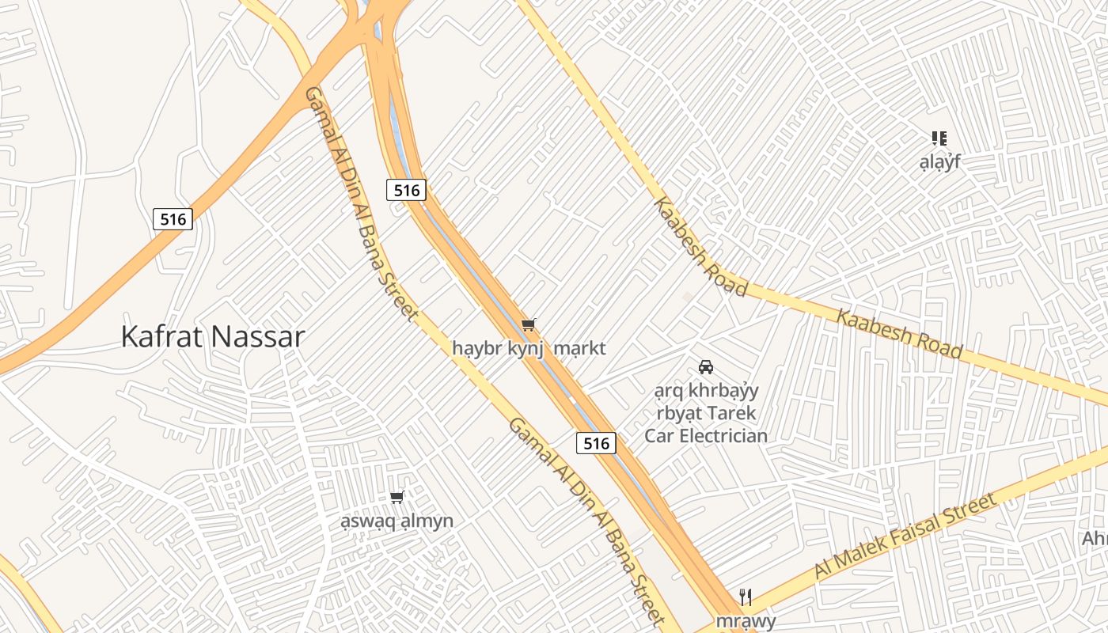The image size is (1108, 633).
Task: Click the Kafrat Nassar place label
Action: coord(212,337)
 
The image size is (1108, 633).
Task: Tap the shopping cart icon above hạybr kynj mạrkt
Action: coord(529,324)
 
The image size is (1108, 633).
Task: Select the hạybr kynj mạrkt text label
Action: coord(529,348)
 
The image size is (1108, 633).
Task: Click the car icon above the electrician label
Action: coord(706,367)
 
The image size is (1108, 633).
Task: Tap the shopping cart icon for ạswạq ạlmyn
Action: coord(397,497)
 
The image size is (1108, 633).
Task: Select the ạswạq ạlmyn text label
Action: coord(397,521)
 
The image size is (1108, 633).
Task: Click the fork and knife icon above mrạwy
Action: coord(745,597)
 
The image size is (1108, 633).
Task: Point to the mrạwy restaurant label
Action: coord(746,621)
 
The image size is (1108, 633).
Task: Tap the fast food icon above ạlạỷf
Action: coord(939,138)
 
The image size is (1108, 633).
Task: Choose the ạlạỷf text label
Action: coord(939,162)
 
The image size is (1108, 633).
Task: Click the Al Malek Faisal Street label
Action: coord(905,537)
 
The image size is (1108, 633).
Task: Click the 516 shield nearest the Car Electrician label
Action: coord(596,443)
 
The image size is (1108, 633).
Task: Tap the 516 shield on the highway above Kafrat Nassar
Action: coord(173,219)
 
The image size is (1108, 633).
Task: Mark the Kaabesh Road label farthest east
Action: coord(900,333)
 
